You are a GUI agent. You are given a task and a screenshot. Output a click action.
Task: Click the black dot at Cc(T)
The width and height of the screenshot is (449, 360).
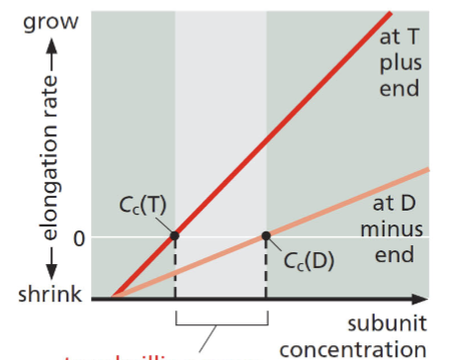(x=175, y=235)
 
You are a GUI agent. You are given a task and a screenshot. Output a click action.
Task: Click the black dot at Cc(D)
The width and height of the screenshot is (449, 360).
(x=266, y=236)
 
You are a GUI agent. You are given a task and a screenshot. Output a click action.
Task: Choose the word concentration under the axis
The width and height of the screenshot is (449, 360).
(x=357, y=349)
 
